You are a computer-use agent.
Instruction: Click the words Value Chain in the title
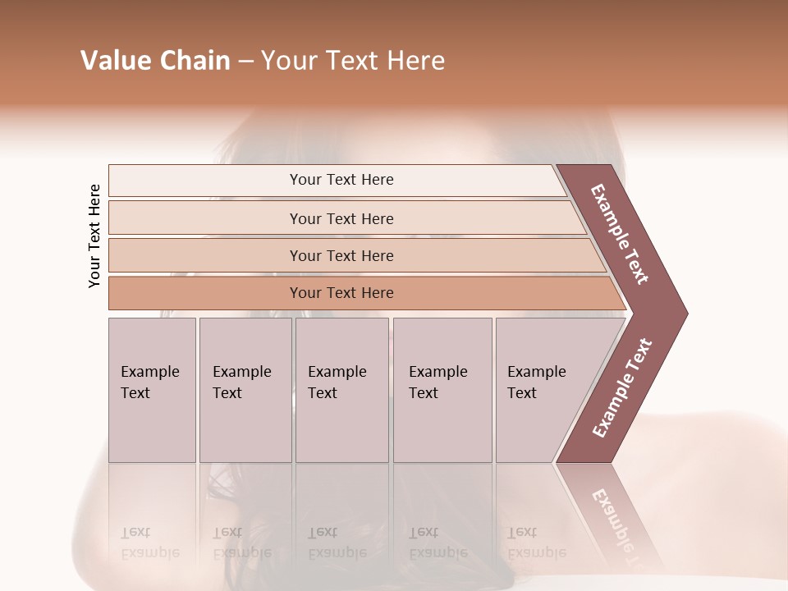click(155, 61)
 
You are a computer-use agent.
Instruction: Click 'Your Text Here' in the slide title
click(353, 61)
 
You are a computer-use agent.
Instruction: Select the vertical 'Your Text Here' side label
click(94, 236)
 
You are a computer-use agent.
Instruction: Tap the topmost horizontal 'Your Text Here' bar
click(341, 180)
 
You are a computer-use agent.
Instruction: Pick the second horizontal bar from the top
click(341, 218)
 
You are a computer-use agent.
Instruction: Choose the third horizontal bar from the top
click(341, 255)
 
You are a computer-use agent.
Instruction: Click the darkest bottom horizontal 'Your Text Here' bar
click(341, 293)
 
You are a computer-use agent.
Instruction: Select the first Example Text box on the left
click(151, 383)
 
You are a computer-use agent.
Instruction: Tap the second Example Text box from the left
click(244, 383)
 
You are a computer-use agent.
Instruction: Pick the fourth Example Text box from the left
click(441, 383)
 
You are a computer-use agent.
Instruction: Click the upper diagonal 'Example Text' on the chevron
click(620, 234)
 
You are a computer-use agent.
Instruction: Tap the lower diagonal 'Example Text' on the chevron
click(622, 387)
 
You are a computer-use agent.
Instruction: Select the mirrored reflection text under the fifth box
click(536, 543)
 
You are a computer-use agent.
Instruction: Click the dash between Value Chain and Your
click(245, 62)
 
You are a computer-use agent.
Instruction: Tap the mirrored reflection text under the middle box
click(337, 543)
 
